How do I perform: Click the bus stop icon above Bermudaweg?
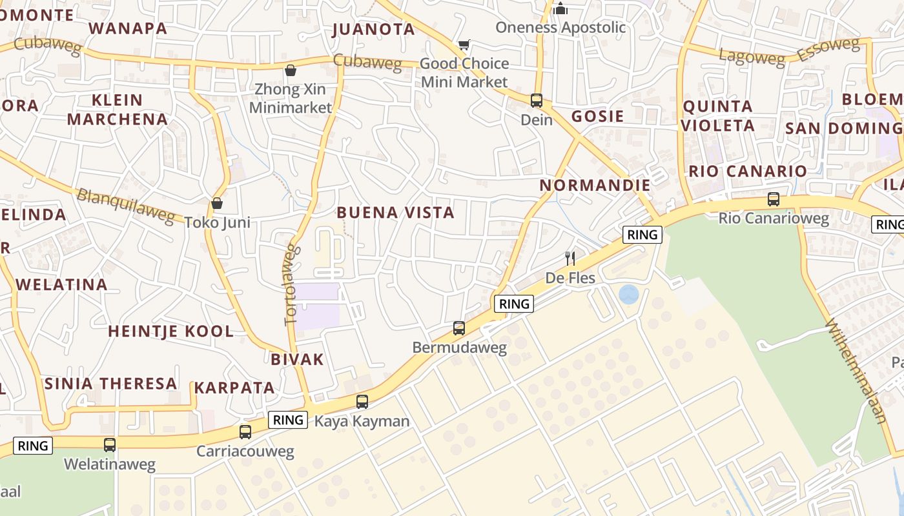pos(458,328)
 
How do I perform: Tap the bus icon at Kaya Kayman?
pos(362,402)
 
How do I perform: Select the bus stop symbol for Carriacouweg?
pos(245,432)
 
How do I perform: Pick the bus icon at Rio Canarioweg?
pos(774,199)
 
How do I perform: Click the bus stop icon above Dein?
pos(537,101)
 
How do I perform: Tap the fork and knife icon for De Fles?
pos(570,259)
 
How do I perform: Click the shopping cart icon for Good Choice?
pos(464,45)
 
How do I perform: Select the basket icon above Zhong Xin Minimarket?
pos(291,70)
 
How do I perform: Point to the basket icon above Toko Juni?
pos(217,203)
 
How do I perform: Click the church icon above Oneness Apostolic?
pos(560,9)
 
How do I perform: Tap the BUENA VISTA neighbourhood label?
pos(396,212)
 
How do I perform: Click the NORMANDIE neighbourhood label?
pos(595,185)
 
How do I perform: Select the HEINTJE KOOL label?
pos(170,332)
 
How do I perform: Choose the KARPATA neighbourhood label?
pos(235,388)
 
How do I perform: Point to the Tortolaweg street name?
pos(293,283)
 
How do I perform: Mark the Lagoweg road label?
pos(752,57)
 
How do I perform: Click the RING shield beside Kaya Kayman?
pos(288,420)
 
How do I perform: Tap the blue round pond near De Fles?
pos(628,295)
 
